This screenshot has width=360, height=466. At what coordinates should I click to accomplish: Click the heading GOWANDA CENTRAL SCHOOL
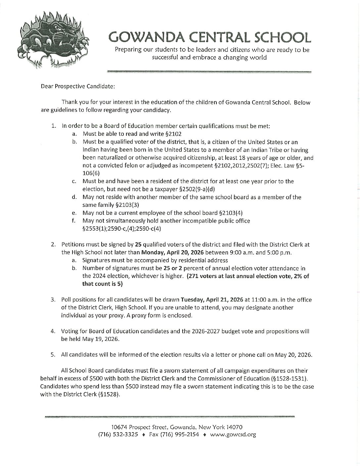[x=210, y=38]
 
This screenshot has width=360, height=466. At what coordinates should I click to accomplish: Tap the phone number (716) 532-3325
[x=118, y=435]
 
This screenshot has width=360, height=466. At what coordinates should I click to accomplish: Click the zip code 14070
[x=236, y=427]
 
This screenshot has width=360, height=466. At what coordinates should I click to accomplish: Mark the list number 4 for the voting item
[x=53, y=331]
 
